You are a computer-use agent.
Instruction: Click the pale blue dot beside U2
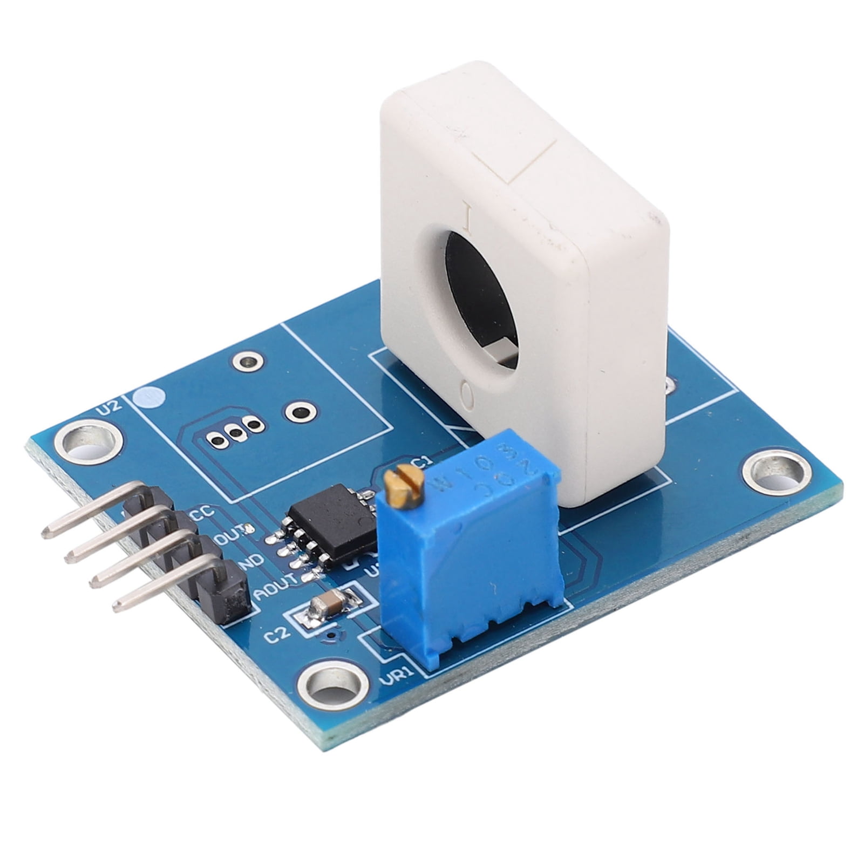click(x=148, y=398)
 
